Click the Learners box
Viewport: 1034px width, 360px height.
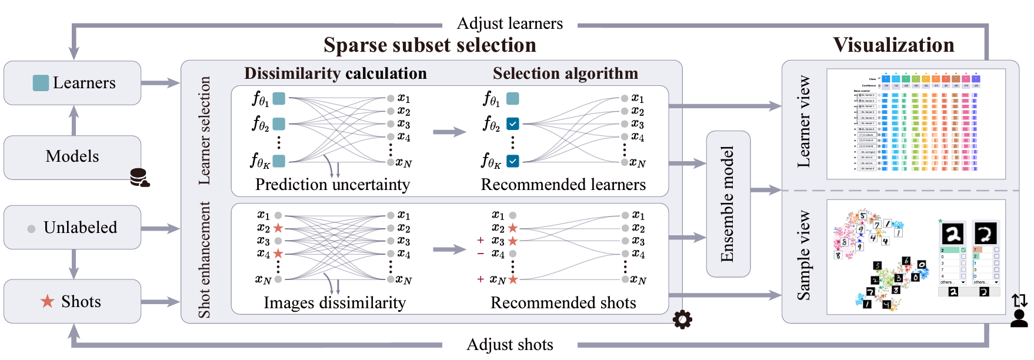coord(72,83)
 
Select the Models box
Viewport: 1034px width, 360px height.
coord(72,156)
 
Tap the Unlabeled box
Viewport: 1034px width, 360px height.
coord(72,228)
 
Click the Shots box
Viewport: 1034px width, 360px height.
coord(72,302)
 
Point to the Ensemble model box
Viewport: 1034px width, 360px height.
coord(728,204)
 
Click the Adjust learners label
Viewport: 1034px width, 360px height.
coord(509,24)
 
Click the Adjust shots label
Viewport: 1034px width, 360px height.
coord(509,345)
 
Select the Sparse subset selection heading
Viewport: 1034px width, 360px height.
coord(429,45)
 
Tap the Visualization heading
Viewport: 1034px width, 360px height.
coord(893,45)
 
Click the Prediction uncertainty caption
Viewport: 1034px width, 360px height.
coord(332,185)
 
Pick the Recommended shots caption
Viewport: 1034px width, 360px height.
coord(563,303)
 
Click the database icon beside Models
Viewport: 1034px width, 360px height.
coord(139,178)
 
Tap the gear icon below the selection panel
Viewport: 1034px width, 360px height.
coord(682,319)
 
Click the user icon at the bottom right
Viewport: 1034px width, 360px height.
coord(1019,318)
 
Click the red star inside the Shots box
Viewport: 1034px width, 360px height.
coord(47,302)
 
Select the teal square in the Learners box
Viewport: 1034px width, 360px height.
coord(41,83)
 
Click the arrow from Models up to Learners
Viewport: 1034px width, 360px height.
coord(74,121)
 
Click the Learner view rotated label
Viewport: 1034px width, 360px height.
coord(803,122)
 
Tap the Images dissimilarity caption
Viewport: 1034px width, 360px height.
coord(334,303)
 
